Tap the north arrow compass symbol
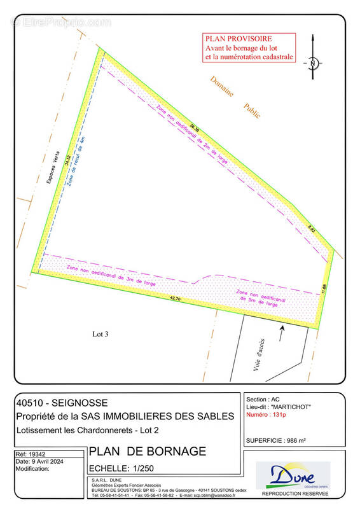[x=313, y=62]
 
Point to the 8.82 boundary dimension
[x=311, y=227]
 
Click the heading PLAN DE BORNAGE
[x=148, y=452]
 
